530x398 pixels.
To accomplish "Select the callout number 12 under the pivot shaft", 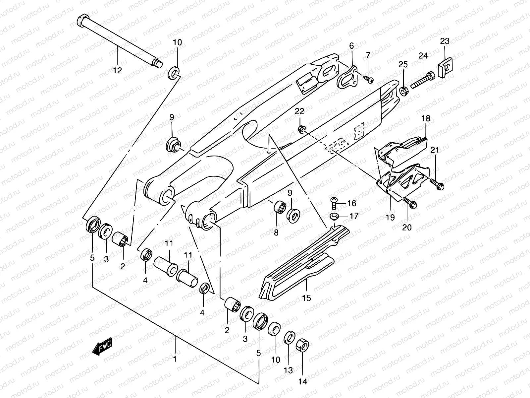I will [x=117, y=70].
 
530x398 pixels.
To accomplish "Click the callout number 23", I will [x=445, y=41].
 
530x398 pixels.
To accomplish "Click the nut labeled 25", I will [x=403, y=90].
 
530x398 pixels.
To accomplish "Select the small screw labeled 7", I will [x=377, y=79].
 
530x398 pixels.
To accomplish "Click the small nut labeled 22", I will [x=302, y=129].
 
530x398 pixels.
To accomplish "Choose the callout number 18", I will [x=426, y=118].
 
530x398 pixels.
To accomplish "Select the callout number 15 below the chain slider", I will [x=307, y=298].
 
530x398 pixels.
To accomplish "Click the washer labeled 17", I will [x=335, y=217].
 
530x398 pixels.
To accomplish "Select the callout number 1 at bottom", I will [x=175, y=359].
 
